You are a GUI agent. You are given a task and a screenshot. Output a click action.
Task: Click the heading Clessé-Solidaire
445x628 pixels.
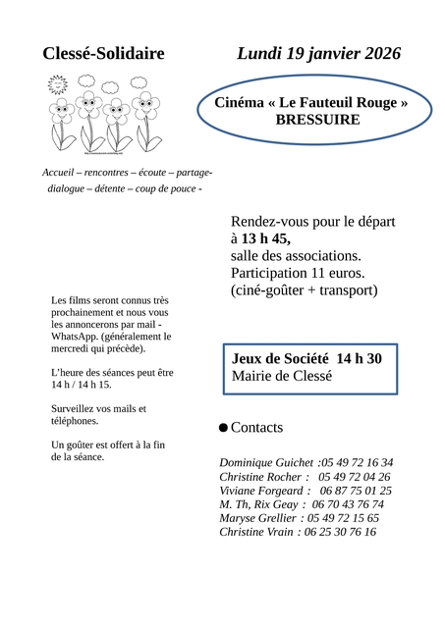tap(104, 54)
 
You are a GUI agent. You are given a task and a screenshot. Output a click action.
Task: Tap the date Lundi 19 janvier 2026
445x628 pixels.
tap(318, 54)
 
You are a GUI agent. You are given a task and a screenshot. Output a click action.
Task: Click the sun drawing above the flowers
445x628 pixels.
tap(58, 86)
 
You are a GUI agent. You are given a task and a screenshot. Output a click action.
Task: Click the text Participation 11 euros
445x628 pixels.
tap(298, 273)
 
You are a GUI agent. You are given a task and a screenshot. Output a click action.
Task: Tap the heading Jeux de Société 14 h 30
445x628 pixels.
tap(306, 358)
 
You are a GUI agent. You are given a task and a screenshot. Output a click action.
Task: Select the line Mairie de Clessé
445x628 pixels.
tap(282, 376)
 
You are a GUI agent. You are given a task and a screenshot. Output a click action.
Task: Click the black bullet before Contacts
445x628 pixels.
tap(223, 428)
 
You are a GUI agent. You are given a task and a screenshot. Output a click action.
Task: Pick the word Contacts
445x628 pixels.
tap(256, 428)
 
